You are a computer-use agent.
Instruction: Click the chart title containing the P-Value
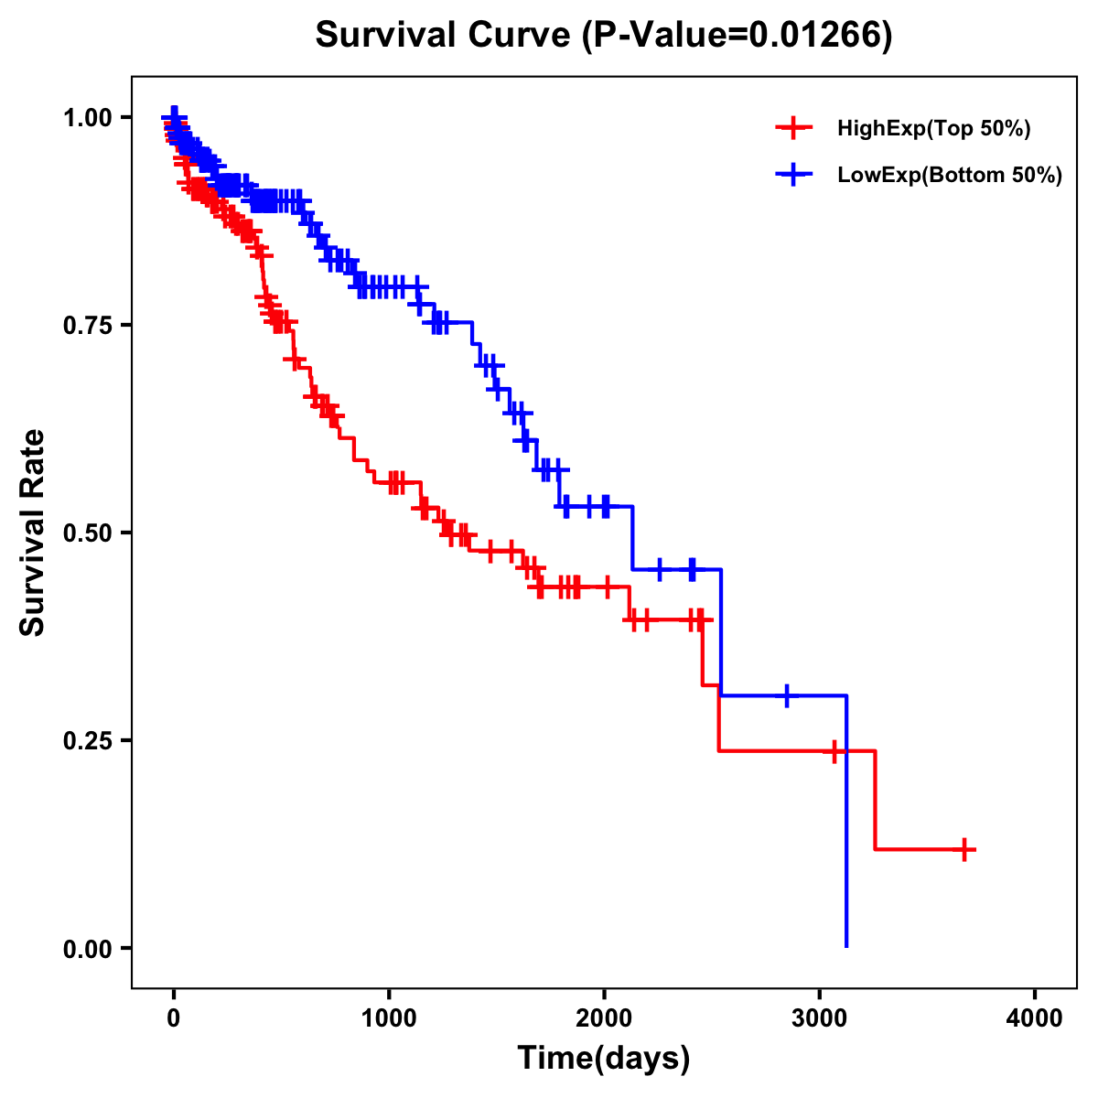point(604,35)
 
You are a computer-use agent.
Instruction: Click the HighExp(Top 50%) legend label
point(933,129)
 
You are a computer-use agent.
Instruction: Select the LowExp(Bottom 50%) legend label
point(950,175)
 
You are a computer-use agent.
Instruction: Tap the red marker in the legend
point(793,128)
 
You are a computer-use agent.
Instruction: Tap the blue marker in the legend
point(793,174)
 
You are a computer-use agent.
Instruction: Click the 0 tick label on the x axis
point(174,1018)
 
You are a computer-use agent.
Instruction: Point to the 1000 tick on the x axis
point(389,1018)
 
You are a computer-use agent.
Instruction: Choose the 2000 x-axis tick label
point(604,1018)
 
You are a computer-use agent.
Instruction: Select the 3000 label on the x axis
point(820,1018)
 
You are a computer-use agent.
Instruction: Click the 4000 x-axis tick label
point(1035,1018)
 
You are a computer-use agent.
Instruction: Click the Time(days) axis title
point(604,1059)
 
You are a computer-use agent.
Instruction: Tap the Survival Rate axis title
point(33,533)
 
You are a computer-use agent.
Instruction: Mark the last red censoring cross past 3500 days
point(964,849)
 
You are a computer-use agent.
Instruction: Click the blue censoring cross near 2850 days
point(786,695)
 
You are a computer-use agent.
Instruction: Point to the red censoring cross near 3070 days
point(834,751)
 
